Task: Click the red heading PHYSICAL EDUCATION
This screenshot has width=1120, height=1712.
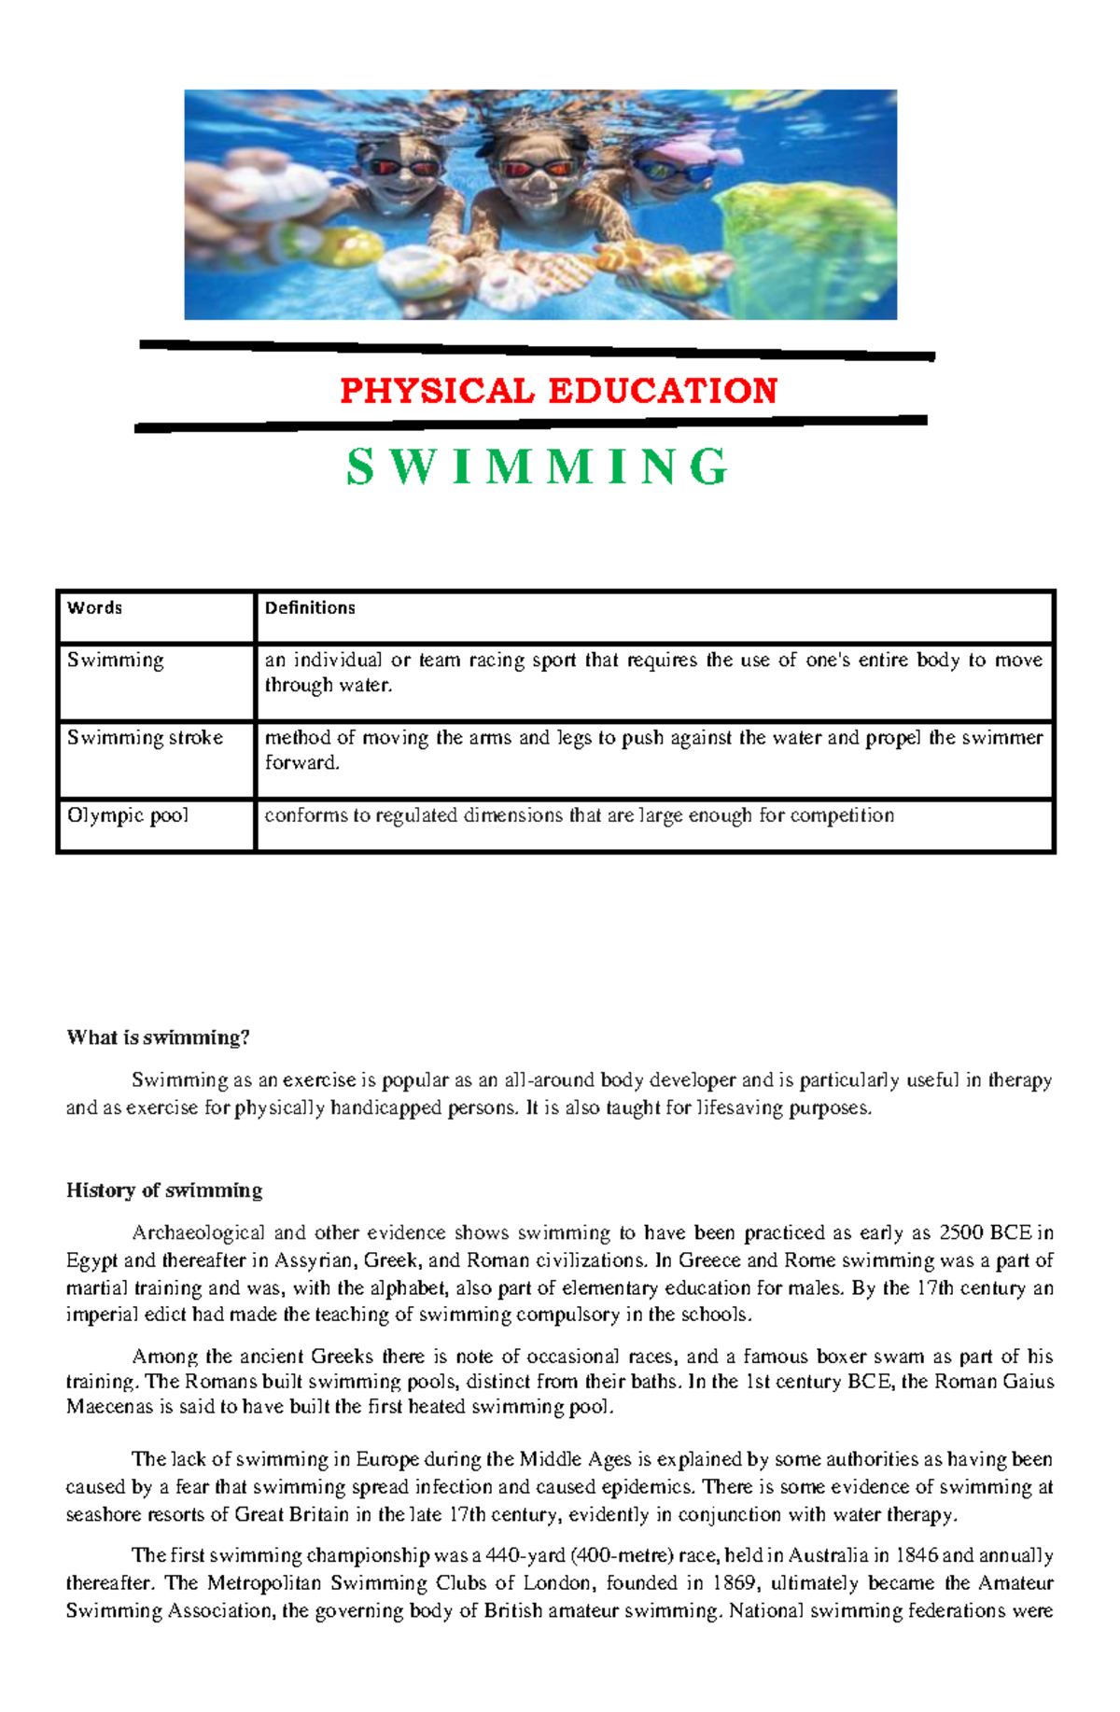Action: coord(558,390)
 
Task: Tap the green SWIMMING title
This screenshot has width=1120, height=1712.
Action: coord(537,466)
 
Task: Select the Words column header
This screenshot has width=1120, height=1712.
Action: coord(94,607)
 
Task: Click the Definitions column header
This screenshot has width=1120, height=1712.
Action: coord(310,607)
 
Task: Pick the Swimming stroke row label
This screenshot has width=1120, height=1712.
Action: coord(145,737)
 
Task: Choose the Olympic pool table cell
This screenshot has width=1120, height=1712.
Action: coord(127,814)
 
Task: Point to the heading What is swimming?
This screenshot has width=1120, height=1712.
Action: coord(158,1037)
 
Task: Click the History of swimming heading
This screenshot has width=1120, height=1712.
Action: coord(163,1190)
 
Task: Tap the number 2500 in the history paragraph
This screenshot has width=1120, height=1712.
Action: coord(960,1232)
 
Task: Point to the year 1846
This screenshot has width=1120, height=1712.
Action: coord(917,1555)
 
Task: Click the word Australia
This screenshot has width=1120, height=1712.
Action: coord(828,1555)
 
